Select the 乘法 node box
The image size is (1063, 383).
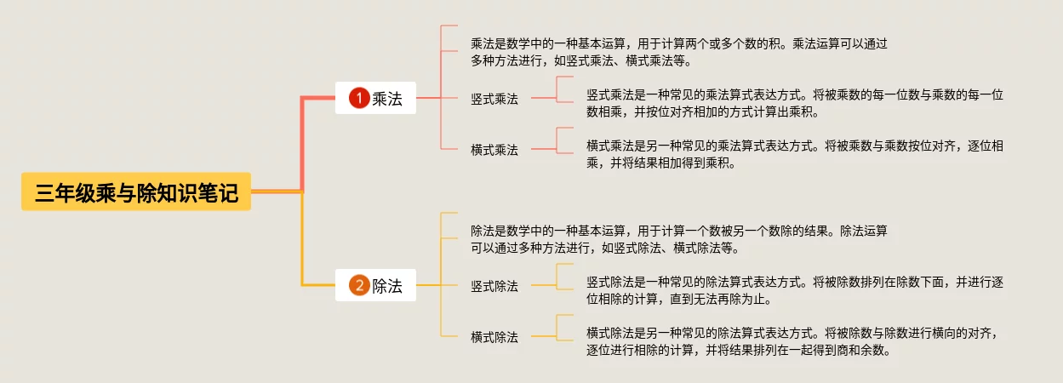coord(375,99)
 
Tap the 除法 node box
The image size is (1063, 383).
coord(375,286)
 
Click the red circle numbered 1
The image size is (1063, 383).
coord(359,99)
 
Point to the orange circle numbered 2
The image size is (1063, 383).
coord(359,286)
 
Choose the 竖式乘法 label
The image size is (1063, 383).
coord(494,99)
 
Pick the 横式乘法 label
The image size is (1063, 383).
coord(494,150)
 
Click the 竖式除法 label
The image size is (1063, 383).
coord(494,286)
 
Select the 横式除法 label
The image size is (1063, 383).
coord(494,337)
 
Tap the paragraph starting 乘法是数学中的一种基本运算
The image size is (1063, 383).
coord(678,52)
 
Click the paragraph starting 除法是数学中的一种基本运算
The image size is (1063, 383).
coord(678,239)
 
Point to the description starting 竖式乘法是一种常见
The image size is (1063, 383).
coord(795,103)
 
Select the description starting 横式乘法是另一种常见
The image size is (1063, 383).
coord(795,154)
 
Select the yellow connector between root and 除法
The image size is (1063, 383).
coord(302,247)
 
